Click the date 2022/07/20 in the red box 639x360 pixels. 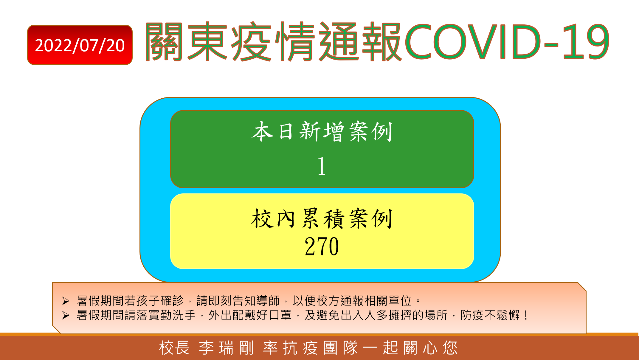click(80, 45)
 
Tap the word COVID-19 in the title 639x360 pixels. click(507, 41)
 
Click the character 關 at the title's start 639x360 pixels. click(164, 41)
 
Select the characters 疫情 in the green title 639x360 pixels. click(272, 41)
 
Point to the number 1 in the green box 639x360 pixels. click(321, 166)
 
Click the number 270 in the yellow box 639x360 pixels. click(322, 246)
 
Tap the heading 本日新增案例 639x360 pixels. click(322, 131)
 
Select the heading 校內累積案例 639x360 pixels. click(322, 218)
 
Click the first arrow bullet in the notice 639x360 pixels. click(66, 301)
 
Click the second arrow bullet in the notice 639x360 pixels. click(66, 315)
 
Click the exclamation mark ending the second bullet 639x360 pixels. click(526, 315)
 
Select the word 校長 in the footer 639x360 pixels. click(175, 348)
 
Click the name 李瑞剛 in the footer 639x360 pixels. click(227, 348)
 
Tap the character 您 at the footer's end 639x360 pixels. click(450, 348)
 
